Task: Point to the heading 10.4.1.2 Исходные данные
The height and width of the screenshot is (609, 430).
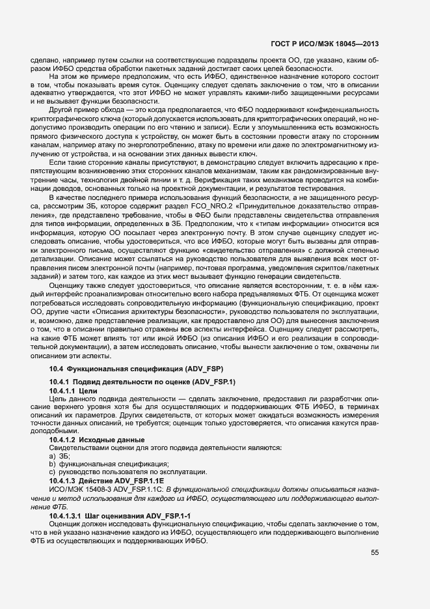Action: (94, 440)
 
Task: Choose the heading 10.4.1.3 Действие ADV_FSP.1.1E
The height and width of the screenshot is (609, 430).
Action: (101, 481)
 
